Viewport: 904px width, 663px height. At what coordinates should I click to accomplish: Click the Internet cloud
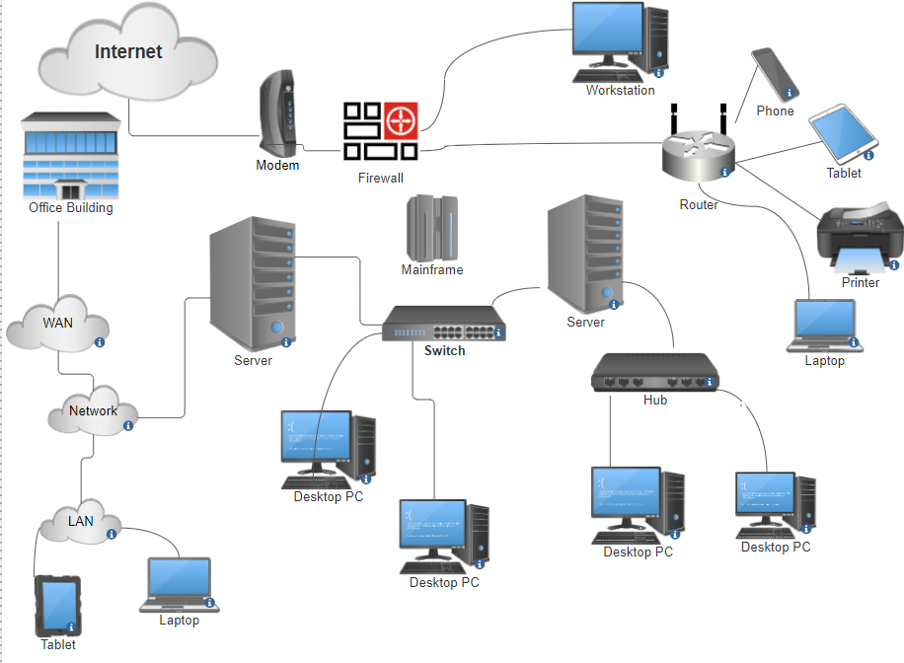(128, 54)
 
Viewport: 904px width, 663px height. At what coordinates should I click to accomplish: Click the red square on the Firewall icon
(401, 122)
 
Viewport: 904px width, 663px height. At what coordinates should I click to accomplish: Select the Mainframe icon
(432, 227)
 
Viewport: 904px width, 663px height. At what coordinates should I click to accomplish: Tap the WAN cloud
(57, 325)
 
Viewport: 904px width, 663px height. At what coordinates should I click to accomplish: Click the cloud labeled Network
(93, 411)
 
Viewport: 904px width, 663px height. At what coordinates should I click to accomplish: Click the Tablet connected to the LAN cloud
(57, 605)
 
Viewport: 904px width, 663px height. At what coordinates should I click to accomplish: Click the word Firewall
(381, 179)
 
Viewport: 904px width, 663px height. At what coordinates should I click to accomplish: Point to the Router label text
(699, 205)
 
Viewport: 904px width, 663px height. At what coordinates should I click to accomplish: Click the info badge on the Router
(724, 172)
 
